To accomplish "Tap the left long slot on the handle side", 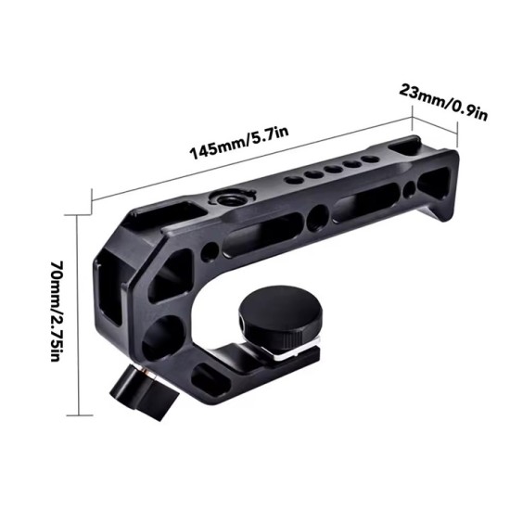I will coord(265,233).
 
